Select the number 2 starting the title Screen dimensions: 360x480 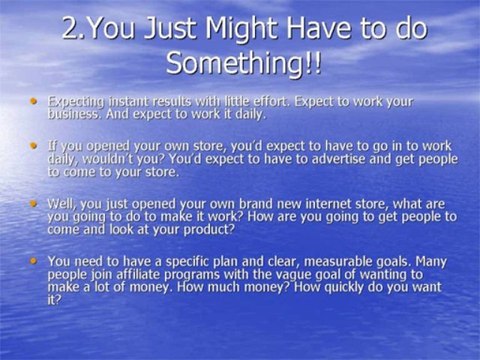coord(70,26)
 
